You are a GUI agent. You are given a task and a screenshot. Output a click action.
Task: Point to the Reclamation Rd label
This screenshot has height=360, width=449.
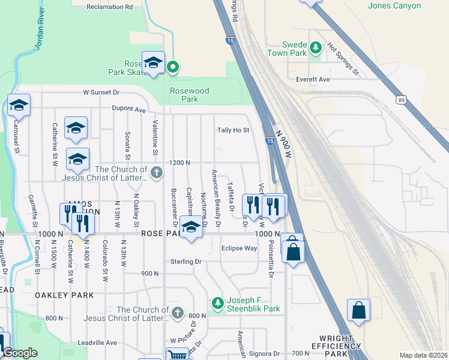click(109, 7)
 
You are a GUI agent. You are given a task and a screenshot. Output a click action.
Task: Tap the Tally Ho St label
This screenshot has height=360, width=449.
click(233, 130)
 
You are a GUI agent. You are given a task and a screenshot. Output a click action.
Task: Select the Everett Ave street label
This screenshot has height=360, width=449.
click(313, 79)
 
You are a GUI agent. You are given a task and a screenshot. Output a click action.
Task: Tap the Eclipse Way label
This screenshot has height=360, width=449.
click(239, 248)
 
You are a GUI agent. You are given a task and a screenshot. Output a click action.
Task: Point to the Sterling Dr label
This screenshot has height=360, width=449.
click(185, 262)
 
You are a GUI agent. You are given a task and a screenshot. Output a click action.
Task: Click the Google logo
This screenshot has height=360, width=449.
click(20, 353)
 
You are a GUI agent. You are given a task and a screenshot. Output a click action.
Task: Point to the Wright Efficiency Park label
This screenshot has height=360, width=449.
click(336, 346)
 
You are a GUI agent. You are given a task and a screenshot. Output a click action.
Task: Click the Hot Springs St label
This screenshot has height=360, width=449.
click(342, 59)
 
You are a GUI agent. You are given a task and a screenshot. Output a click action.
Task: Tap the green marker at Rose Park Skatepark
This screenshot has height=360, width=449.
click(173, 67)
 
